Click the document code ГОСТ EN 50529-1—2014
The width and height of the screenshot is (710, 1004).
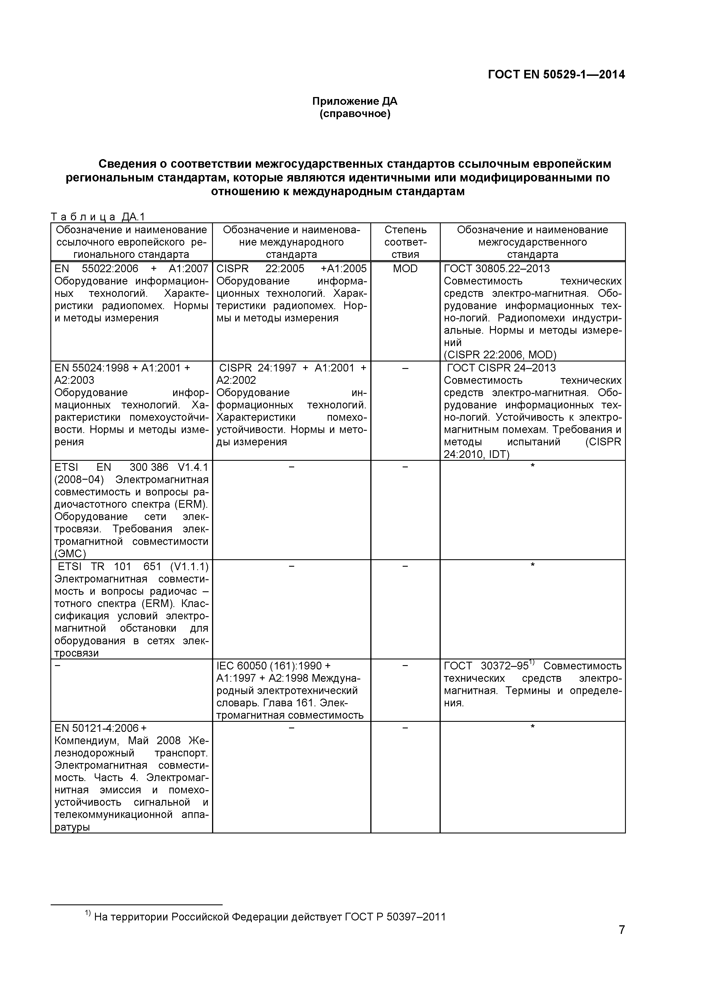(x=556, y=75)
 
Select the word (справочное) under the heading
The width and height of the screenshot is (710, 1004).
(x=355, y=114)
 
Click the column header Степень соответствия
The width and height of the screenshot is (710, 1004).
(x=405, y=242)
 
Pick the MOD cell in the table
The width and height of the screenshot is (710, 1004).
(x=405, y=268)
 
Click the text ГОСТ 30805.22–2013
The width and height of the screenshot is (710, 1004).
(x=497, y=268)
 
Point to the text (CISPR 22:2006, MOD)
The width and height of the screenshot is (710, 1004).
(x=500, y=355)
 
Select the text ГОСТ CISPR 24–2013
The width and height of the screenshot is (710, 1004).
(x=501, y=368)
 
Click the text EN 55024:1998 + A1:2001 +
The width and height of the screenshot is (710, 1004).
(x=122, y=368)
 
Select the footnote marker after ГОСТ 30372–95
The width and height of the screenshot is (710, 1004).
(x=532, y=663)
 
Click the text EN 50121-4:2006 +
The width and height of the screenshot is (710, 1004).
(x=100, y=728)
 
